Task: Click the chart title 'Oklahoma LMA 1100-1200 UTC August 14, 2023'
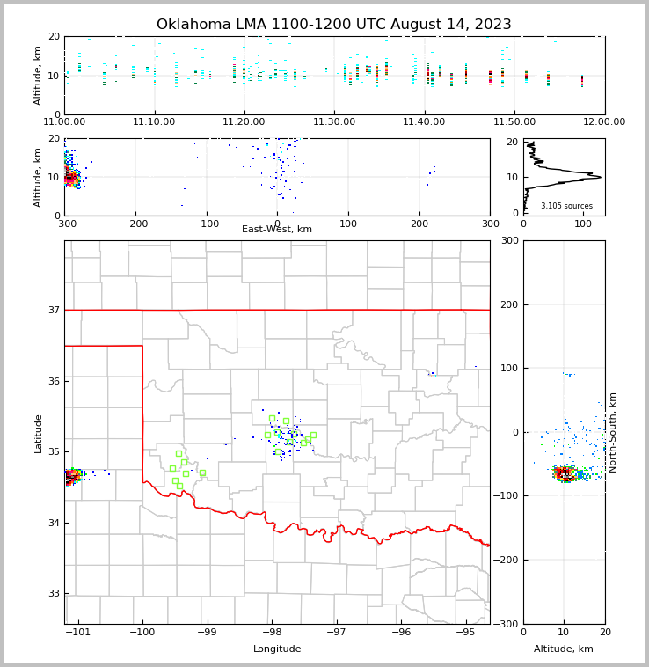point(333,25)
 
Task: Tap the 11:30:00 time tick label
point(334,122)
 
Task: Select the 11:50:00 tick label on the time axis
point(514,122)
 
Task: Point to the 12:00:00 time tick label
point(604,122)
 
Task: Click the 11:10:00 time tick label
point(155,122)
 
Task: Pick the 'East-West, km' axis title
point(277,230)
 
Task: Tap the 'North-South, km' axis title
point(614,432)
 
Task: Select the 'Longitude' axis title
point(277,649)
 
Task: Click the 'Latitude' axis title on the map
point(38,433)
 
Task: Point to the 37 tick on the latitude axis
point(54,310)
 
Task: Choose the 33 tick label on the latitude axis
point(54,594)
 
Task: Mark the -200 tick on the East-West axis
point(135,224)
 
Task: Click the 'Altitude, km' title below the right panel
point(564,649)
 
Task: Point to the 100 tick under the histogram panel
point(582,224)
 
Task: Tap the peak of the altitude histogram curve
point(600,177)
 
